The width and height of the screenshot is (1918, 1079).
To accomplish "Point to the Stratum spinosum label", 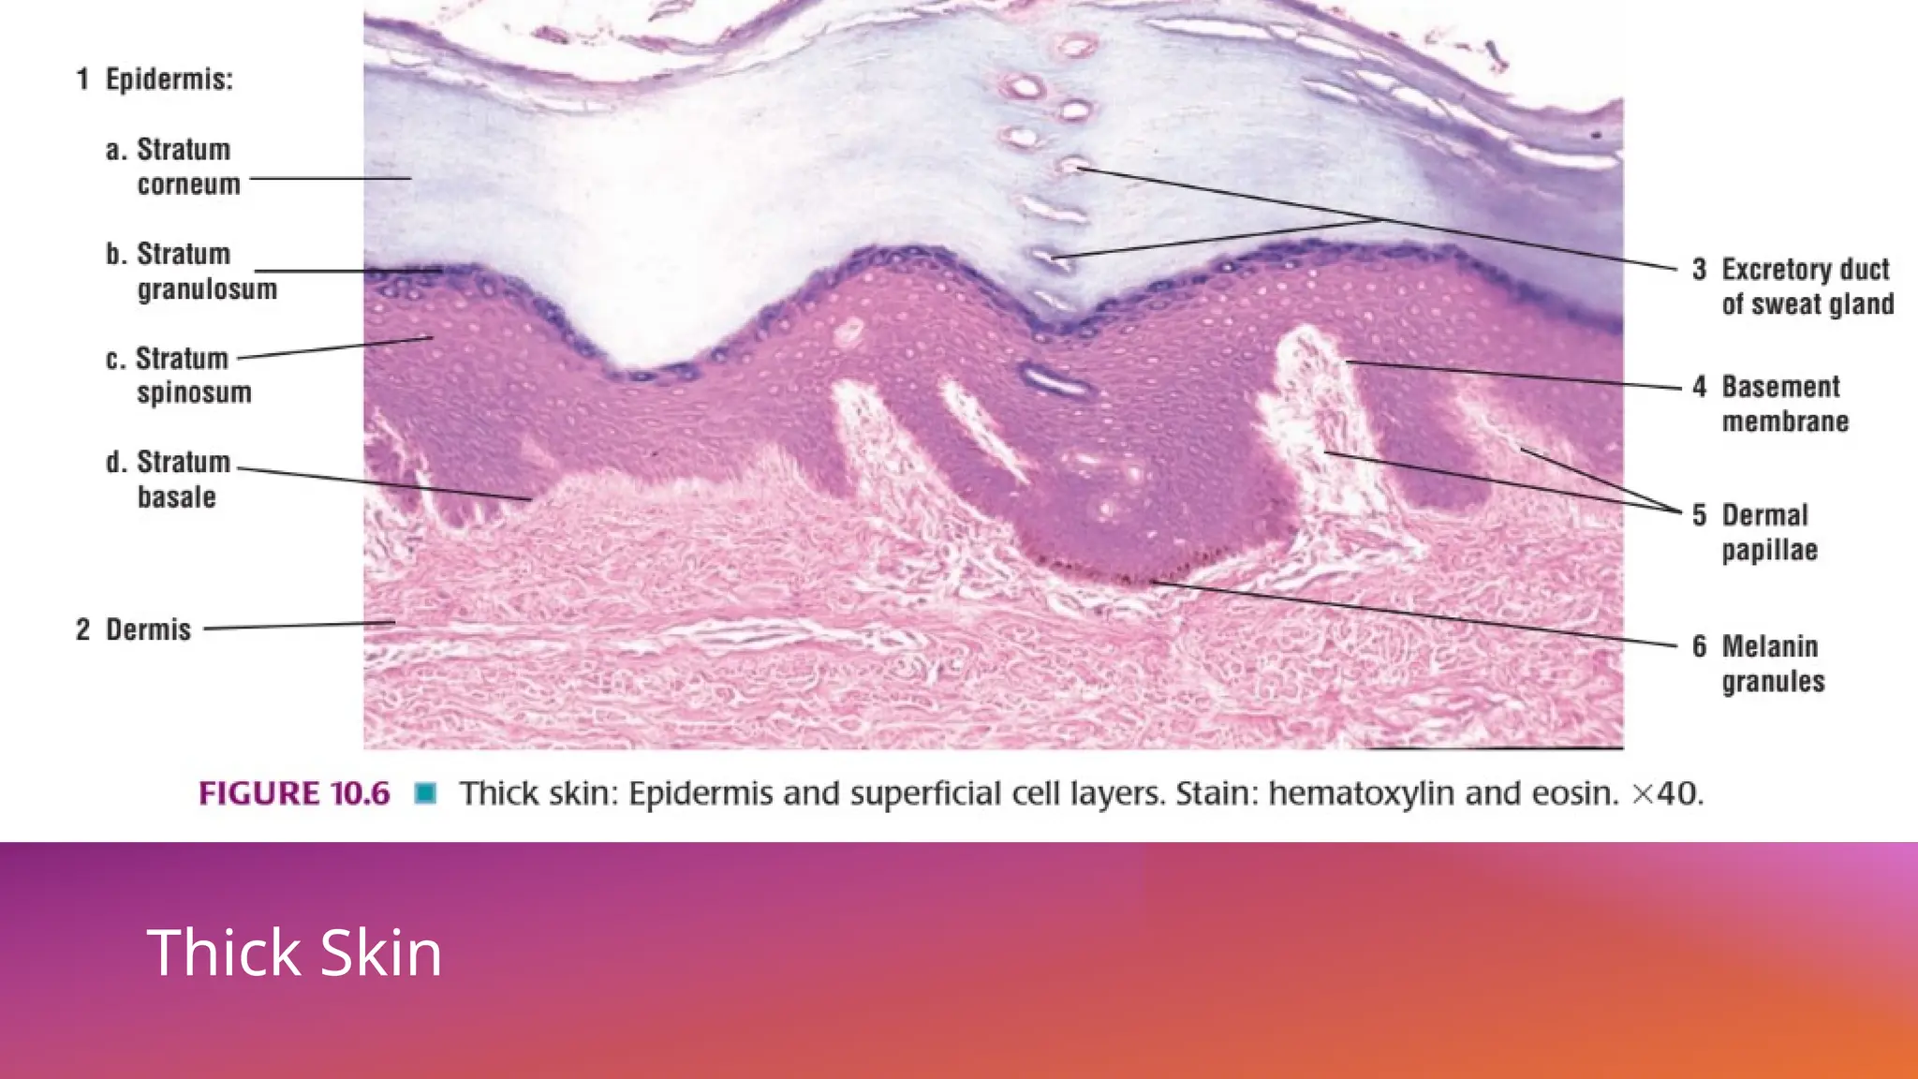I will [193, 376].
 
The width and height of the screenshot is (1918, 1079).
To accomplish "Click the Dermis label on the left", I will [148, 629].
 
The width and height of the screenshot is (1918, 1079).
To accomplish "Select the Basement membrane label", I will [1784, 404].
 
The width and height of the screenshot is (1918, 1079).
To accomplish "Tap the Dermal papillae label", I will [1769, 532].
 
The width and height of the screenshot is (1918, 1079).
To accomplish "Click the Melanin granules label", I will [1773, 663].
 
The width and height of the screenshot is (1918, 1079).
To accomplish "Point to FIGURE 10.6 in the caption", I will [294, 794].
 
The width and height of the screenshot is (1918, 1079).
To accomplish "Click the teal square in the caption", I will [426, 794].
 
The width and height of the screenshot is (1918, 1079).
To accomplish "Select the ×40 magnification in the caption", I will [1667, 794].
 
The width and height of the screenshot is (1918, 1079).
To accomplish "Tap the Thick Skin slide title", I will [294, 953].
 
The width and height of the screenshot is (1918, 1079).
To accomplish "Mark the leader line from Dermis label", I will [300, 626].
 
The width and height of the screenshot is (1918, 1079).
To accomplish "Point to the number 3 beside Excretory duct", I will [1700, 270].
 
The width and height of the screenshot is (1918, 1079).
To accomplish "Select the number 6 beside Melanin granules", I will [1700, 646].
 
